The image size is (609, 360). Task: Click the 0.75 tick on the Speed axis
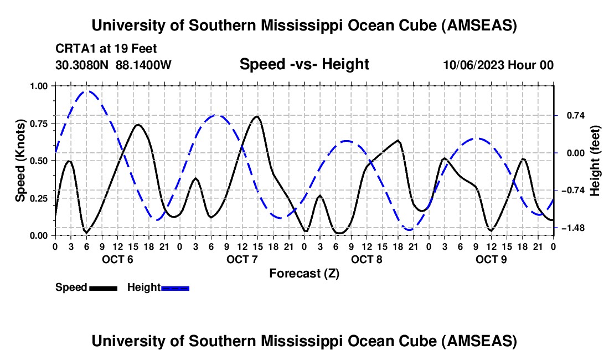pyautogui.click(x=40, y=124)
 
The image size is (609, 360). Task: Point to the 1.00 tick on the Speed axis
pyautogui.click(x=40, y=86)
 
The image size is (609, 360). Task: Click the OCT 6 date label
pyautogui.click(x=117, y=259)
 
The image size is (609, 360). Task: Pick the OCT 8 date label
pyautogui.click(x=366, y=259)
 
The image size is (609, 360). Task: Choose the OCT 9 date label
pyautogui.click(x=491, y=259)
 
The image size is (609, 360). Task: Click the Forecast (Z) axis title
pyautogui.click(x=304, y=273)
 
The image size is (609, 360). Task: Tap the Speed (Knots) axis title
pyautogui.click(x=20, y=161)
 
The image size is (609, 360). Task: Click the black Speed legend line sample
pyautogui.click(x=103, y=288)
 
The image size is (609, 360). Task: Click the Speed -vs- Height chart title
pyautogui.click(x=304, y=65)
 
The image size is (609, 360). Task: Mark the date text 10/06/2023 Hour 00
pyautogui.click(x=498, y=65)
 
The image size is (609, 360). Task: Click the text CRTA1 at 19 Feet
pyautogui.click(x=106, y=48)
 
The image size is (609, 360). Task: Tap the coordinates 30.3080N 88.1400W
pyautogui.click(x=113, y=65)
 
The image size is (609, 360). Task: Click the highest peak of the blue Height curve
pyautogui.click(x=87, y=91)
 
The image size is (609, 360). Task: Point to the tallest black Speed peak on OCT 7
pyautogui.click(x=256, y=116)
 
